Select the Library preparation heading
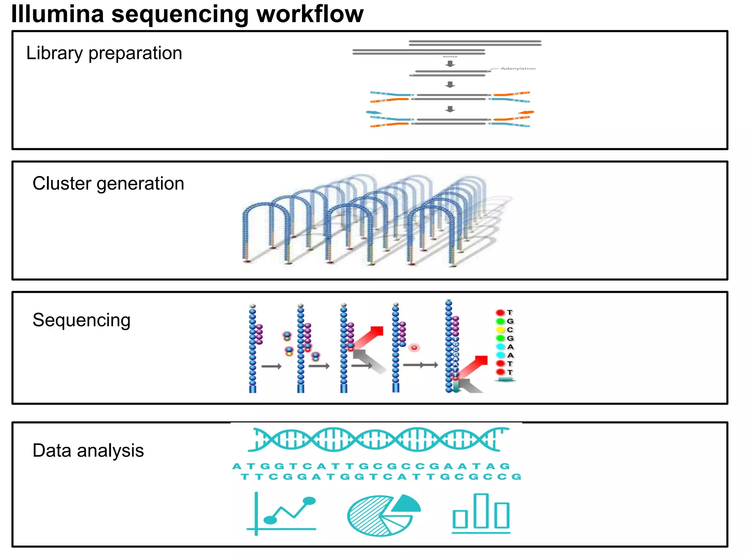coord(104,53)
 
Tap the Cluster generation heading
coord(108,183)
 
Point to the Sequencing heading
coord(81,320)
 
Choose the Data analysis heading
coord(88,451)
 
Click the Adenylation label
coord(518,68)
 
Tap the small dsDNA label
coord(450,57)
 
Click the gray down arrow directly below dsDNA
coord(450,64)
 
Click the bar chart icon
coord(481,513)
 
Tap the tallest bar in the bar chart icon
coord(481,511)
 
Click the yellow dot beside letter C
coord(500,330)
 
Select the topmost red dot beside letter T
coord(500,313)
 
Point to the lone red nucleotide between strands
coord(414,348)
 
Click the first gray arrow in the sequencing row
coord(271,366)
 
